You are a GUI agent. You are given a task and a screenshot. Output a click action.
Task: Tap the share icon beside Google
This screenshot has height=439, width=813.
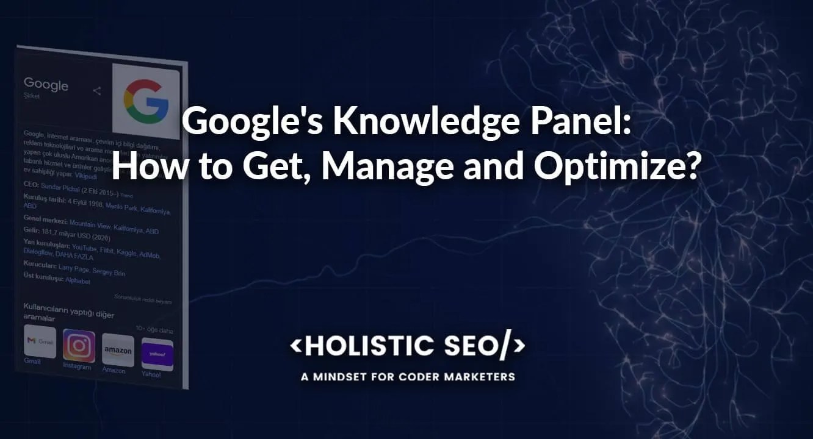click(96, 91)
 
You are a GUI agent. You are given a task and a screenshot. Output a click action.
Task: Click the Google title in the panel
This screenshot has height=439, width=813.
click(46, 85)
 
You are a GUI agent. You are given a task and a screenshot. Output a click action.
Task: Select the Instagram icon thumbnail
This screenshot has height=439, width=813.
click(79, 346)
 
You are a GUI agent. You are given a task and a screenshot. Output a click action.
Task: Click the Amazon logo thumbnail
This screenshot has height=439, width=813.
click(118, 350)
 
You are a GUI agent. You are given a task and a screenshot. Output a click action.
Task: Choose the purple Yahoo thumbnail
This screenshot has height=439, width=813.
click(157, 354)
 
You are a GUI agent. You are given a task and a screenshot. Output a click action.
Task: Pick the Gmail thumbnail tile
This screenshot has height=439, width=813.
click(40, 342)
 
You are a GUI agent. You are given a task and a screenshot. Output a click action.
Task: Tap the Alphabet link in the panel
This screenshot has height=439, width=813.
click(78, 281)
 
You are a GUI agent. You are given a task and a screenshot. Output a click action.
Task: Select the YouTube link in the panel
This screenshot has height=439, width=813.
click(84, 247)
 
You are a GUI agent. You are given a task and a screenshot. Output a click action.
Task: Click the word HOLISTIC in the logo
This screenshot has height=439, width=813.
click(358, 346)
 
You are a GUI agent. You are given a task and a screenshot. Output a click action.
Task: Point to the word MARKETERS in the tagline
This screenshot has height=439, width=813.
click(484, 377)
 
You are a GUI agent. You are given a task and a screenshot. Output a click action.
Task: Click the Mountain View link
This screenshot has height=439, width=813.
click(90, 223)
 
